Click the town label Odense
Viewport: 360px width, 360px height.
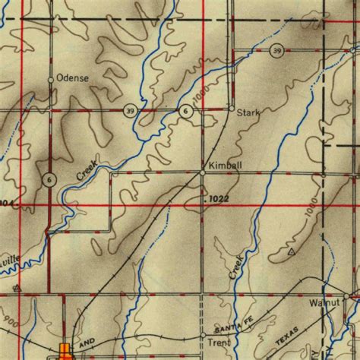pos(73,78)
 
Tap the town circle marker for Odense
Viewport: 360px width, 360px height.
pos(51,79)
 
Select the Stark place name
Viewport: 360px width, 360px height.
pos(248,113)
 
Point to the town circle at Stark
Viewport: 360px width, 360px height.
pos(232,109)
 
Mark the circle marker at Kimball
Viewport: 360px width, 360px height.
pos(203,173)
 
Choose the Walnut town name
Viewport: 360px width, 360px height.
pos(323,302)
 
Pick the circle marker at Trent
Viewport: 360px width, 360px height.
pos(203,334)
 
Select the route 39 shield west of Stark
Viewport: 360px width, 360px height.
pos(131,111)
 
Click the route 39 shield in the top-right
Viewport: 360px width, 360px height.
pos(277,51)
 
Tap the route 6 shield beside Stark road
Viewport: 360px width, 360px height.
pos(186,111)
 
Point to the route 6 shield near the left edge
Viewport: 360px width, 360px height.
pos(49,179)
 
